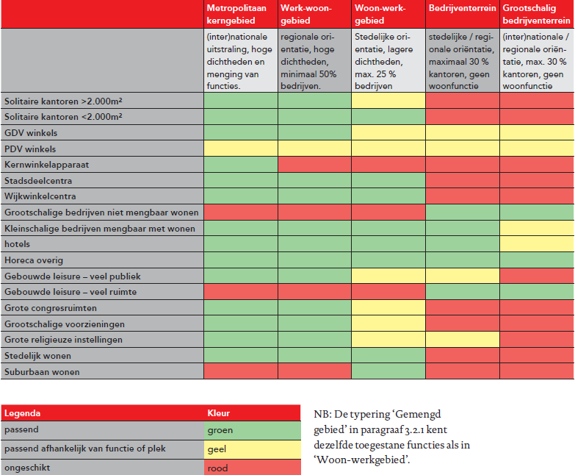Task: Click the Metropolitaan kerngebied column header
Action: [241, 14]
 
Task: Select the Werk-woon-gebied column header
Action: [314, 14]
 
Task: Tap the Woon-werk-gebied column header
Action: [388, 14]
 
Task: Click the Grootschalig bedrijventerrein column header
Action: [537, 14]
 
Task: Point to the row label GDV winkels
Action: [31, 133]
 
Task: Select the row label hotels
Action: [18, 244]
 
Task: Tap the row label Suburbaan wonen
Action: [42, 372]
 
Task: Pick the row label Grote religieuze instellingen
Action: [63, 340]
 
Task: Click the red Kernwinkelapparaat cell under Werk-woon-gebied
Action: [314, 165]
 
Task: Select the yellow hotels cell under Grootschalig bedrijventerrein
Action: [537, 244]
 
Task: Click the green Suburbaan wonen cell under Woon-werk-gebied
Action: [388, 372]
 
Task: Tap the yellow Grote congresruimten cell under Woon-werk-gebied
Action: [388, 307]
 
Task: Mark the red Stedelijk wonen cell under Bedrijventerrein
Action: [463, 356]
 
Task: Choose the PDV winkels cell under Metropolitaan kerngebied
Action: [241, 149]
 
